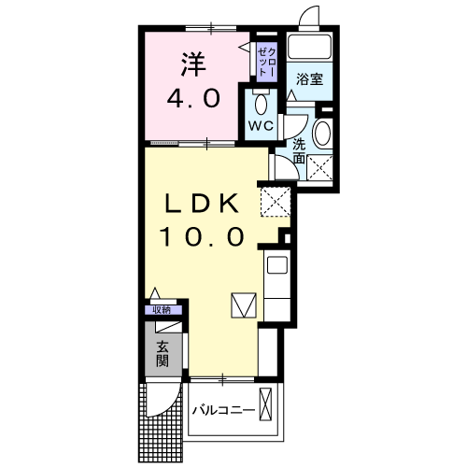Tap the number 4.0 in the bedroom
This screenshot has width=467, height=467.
click(193, 97)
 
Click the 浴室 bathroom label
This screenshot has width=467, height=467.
click(311, 79)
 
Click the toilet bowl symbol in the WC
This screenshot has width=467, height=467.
click(261, 100)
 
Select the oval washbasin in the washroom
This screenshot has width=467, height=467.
click(322, 133)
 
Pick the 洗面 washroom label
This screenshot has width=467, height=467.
click(299, 151)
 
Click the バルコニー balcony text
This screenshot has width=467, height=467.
click(223, 409)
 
